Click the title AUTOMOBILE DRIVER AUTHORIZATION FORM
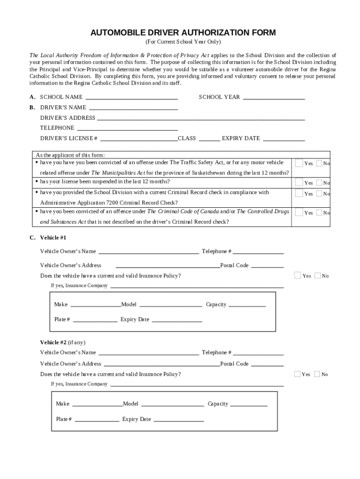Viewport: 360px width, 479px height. tap(183, 33)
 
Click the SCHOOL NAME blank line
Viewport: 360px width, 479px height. tap(131, 98)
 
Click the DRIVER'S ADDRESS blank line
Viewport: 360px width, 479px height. tap(201, 118)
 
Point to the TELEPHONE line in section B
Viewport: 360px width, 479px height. tap(127, 129)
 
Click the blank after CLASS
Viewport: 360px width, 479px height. tap(209, 139)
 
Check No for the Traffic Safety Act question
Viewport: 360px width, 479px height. tap(319, 163)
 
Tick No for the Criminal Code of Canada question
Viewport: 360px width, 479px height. tap(319, 212)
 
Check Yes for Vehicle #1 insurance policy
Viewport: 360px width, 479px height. tap(297, 275)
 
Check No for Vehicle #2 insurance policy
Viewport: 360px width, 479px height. tap(317, 374)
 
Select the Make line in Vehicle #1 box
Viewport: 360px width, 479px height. tap(95, 305)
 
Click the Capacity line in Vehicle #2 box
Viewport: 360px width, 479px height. tap(249, 404)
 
